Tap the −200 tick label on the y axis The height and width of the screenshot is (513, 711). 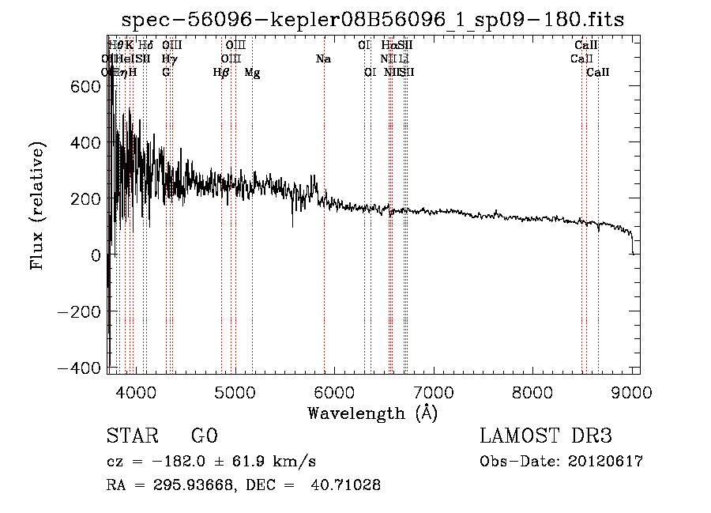click(79, 311)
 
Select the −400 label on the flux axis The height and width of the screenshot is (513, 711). click(79, 368)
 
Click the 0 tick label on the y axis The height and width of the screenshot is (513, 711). click(96, 255)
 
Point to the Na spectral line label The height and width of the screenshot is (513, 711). click(323, 59)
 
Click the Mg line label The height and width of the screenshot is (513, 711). click(252, 73)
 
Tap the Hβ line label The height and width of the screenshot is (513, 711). click(221, 73)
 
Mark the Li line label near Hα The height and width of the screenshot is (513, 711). click(404, 59)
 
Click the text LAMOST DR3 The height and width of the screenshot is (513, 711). click(546, 436)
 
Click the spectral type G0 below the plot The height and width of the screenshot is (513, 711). click(204, 436)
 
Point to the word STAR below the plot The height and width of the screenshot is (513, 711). click(133, 436)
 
